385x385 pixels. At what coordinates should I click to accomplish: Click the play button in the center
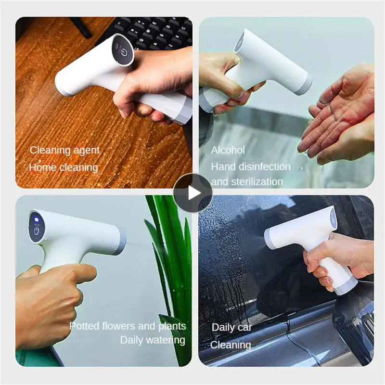[x=192, y=192]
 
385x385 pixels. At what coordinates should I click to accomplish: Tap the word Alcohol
[x=228, y=150]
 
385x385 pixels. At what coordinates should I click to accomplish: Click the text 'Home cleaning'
[x=64, y=167]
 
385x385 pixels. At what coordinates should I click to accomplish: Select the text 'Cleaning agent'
[x=64, y=150]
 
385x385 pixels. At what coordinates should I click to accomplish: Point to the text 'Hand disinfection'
[x=251, y=167]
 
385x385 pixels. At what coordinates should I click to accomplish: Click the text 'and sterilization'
[x=247, y=182]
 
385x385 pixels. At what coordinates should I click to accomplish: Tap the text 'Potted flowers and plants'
[x=128, y=326]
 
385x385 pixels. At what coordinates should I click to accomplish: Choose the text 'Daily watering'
[x=153, y=340]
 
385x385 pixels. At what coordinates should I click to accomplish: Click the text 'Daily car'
[x=232, y=328]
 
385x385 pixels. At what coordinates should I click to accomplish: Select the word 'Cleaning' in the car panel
[x=231, y=345]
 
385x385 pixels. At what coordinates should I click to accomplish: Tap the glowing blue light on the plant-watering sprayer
[x=36, y=219]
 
